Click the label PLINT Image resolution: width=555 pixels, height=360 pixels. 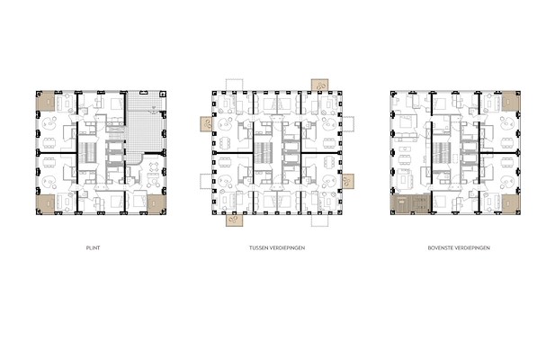pos(93,247)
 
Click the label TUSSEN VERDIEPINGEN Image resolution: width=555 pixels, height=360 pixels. pos(277,247)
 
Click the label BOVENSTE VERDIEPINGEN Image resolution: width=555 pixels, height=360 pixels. pos(459,247)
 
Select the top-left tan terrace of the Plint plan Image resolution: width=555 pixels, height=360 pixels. pos(46,102)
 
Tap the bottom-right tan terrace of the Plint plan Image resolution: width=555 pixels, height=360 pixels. pos(157,203)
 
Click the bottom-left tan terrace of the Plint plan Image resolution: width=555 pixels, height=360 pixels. pos(46,203)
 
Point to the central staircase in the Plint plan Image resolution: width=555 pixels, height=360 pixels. pos(87,152)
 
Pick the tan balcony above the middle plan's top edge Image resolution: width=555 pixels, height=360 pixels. pos(319,85)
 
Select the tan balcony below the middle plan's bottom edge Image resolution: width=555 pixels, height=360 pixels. pos(234,220)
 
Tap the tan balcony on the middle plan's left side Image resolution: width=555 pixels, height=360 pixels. pos(206,124)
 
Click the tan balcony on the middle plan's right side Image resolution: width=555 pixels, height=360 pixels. pos(348,181)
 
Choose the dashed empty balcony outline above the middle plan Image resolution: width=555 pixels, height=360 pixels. pos(234,85)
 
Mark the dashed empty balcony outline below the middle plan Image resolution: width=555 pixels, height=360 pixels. pos(320,220)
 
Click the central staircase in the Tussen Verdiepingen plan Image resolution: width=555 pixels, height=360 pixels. pos(263,152)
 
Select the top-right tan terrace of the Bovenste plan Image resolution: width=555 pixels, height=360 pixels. pos(511,102)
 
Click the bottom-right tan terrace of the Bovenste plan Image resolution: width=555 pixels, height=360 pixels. pos(511,203)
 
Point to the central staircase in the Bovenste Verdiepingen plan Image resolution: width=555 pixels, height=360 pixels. pos(442,152)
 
